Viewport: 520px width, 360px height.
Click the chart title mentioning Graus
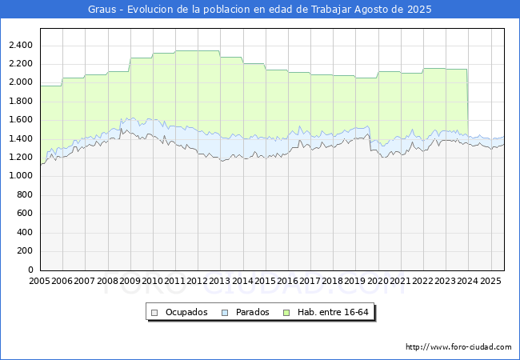tap(260, 10)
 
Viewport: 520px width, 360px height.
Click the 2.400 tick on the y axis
tap(20, 45)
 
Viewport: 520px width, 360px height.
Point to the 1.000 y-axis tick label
tap(20, 176)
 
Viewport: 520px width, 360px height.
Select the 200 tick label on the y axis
tap(24, 251)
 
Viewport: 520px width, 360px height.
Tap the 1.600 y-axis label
tap(20, 120)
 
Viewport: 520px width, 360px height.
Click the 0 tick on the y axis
tap(30, 270)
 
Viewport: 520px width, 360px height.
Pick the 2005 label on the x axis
tap(39, 282)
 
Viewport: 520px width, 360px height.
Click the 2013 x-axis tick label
tap(220, 282)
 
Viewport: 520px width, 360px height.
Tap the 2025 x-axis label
tap(490, 282)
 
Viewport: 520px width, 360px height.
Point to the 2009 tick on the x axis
tap(130, 282)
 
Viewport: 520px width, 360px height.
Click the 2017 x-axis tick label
tap(310, 282)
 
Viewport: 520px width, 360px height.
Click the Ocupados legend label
tap(186, 312)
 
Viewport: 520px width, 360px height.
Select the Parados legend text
tap(253, 312)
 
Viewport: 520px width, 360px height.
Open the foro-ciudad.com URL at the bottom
tap(458, 347)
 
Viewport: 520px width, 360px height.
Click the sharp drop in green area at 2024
tap(467, 104)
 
